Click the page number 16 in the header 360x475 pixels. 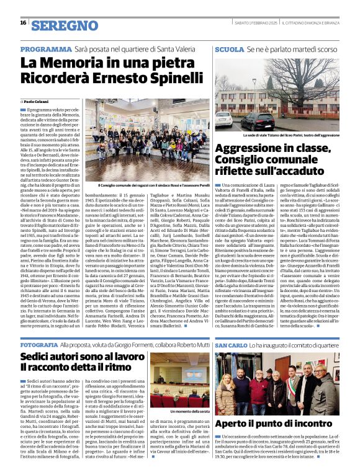pyautogui.click(x=23, y=23)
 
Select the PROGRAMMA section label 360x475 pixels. pyautogui.click(x=46, y=48)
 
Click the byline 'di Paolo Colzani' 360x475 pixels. pyautogui.click(x=38, y=102)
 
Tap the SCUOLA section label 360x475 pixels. pyautogui.click(x=229, y=48)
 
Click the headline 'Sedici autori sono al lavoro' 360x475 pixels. pyautogui.click(x=83, y=358)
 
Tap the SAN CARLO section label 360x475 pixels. pyautogui.click(x=232, y=344)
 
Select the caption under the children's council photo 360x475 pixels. pyautogui.click(x=155, y=185)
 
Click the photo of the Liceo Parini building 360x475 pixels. pyautogui.click(x=277, y=93)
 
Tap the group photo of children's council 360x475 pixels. pyautogui.click(x=155, y=140)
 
